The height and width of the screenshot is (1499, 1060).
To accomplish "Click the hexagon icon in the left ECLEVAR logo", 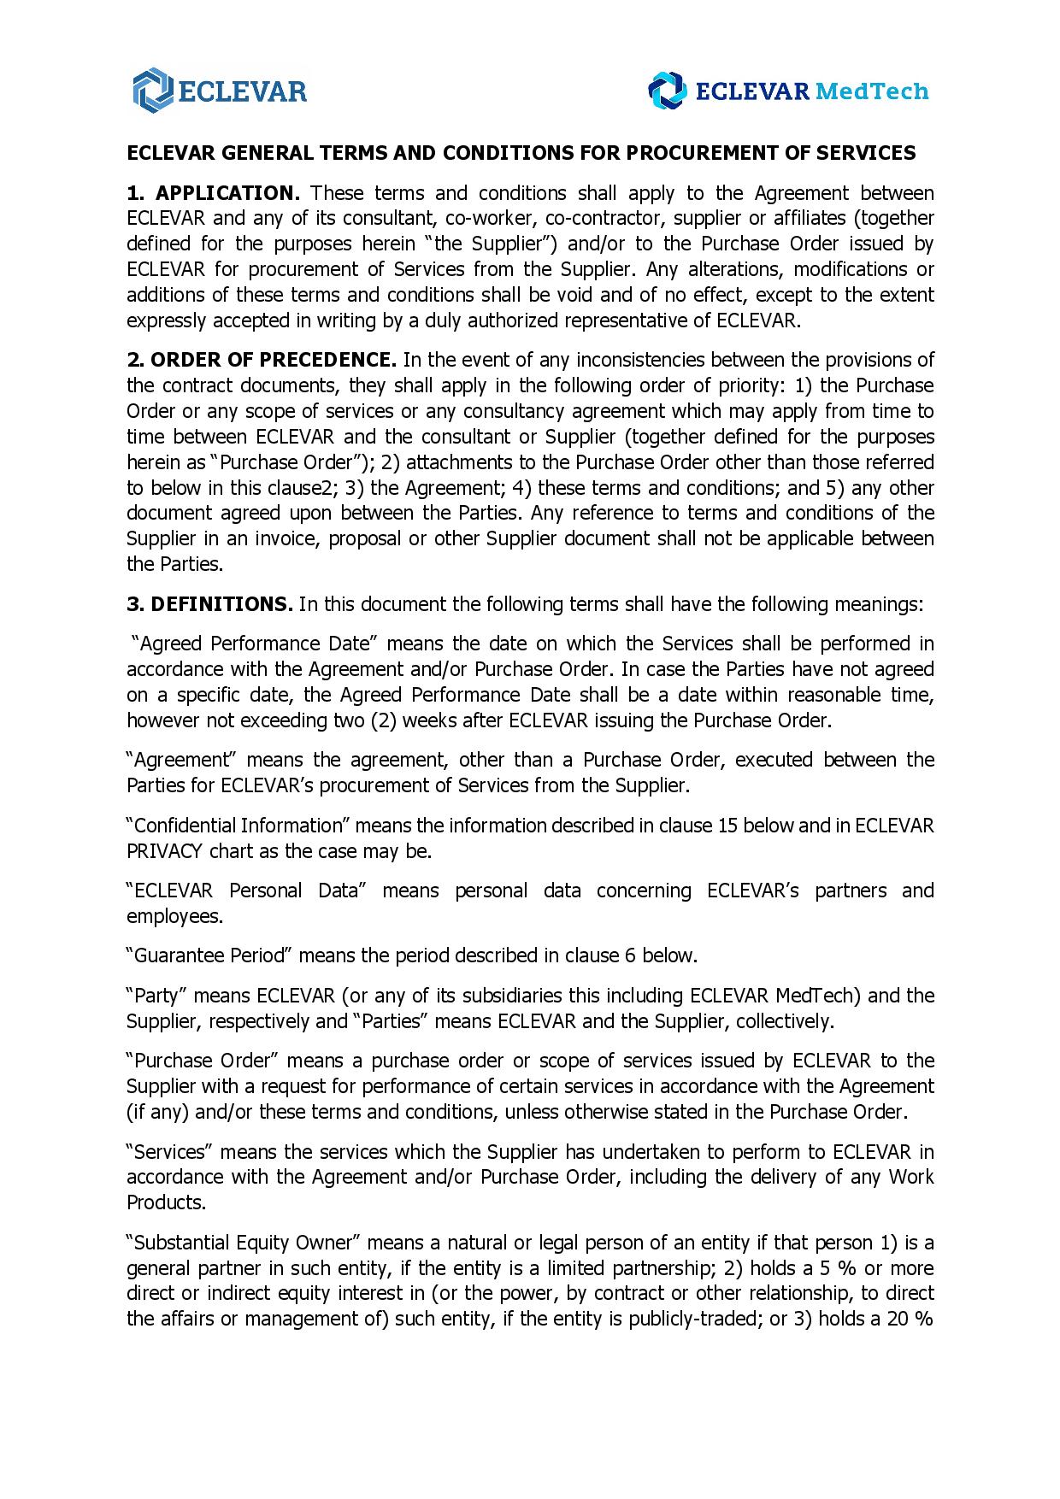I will [x=152, y=90].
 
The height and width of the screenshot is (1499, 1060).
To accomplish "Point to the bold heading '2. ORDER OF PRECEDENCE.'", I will [x=261, y=360].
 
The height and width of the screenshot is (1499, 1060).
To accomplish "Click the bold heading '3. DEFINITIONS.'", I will [x=209, y=605].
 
